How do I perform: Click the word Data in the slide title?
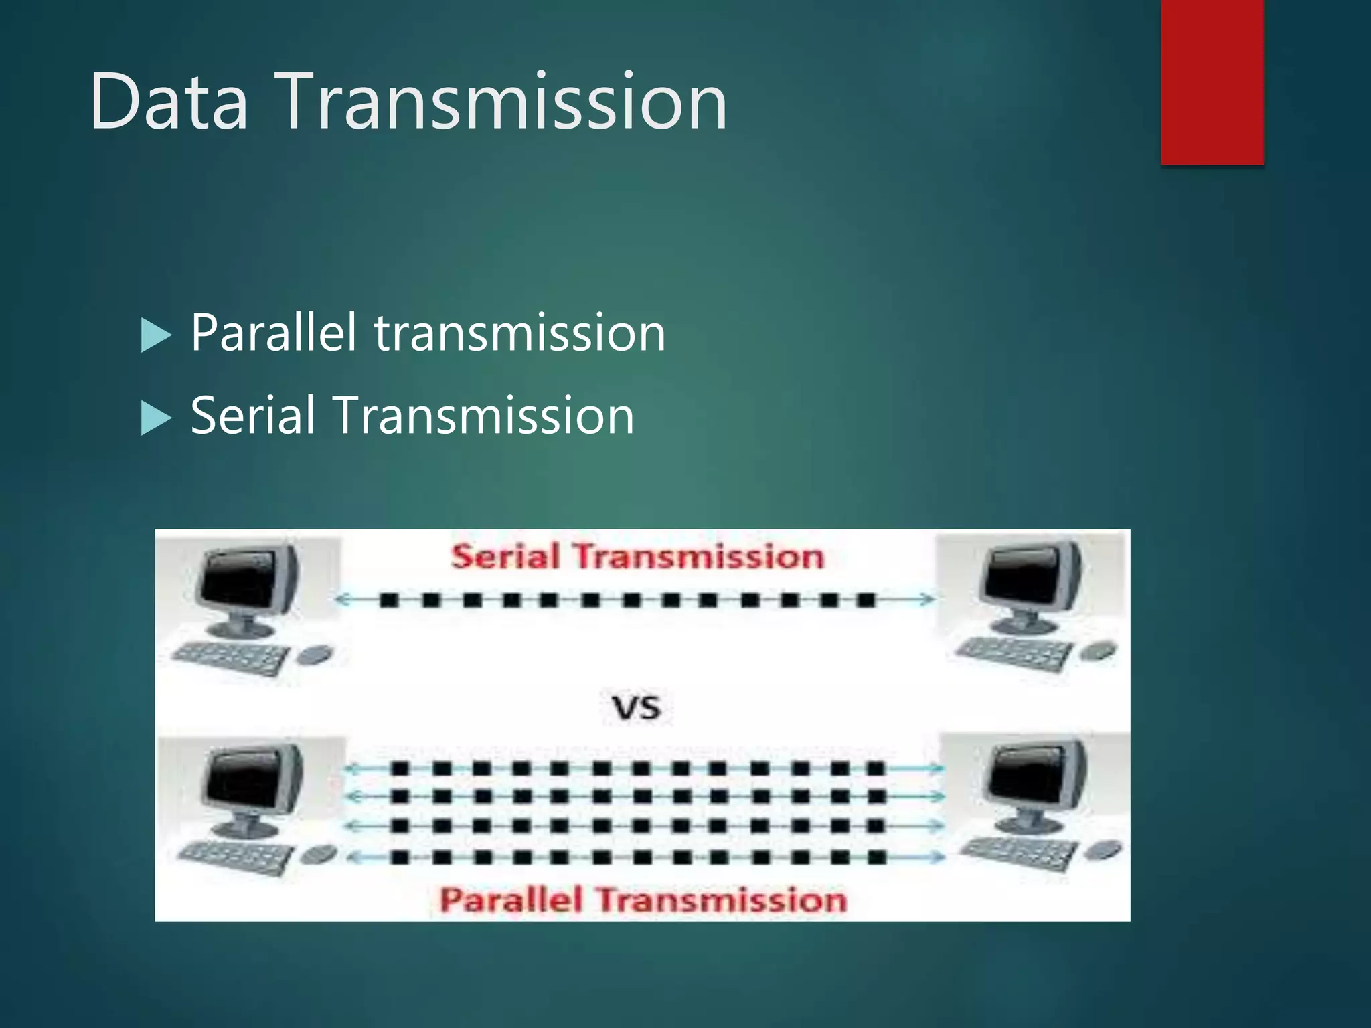tap(169, 102)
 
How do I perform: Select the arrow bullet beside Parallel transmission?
tap(156, 335)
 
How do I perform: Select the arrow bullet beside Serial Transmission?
tap(156, 418)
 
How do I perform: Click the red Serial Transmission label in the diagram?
tap(637, 557)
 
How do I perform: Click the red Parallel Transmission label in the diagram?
tap(643, 899)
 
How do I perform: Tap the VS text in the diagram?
tap(636, 708)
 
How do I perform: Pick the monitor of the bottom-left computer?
tap(251, 780)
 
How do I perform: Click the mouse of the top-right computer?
tap(1099, 649)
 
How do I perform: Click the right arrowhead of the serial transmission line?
tap(927, 599)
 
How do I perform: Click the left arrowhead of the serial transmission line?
tap(342, 600)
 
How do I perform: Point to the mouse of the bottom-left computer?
tap(319, 853)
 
